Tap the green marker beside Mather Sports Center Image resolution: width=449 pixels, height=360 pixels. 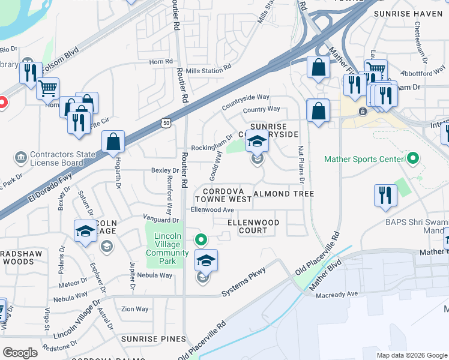point(412,159)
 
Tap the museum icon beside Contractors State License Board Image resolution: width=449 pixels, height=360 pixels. point(21,158)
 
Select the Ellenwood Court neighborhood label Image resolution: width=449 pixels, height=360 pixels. point(253,226)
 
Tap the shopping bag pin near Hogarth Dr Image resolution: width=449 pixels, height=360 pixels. point(113,143)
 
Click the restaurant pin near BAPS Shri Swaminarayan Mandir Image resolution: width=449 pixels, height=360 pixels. point(385,196)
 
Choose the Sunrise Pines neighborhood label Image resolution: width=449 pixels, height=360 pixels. point(154,339)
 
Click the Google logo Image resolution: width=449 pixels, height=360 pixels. point(20,353)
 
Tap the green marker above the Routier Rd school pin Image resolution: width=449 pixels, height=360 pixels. point(202,241)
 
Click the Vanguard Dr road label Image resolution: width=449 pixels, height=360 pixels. point(163,218)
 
